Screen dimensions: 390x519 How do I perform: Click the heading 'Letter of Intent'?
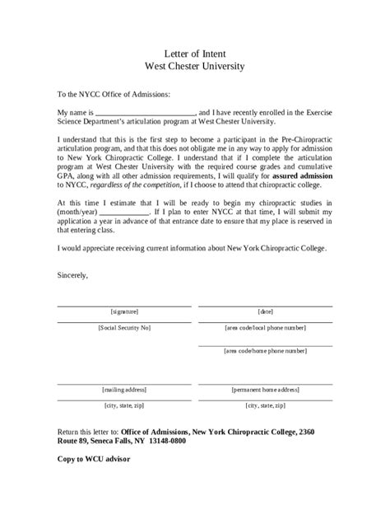click(194, 52)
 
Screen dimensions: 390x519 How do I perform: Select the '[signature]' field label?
click(123, 311)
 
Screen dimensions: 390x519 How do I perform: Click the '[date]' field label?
click(265, 311)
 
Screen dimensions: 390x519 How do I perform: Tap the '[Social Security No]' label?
click(123, 327)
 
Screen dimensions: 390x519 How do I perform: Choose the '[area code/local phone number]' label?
click(265, 327)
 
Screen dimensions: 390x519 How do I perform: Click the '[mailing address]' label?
click(123, 389)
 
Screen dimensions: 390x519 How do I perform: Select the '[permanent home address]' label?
click(265, 389)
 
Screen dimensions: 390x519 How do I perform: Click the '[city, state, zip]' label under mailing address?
click(123, 405)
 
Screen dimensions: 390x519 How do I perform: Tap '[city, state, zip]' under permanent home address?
click(265, 405)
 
